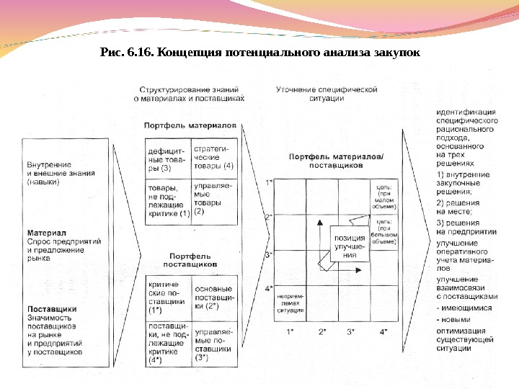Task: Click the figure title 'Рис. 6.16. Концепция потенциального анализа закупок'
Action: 259,53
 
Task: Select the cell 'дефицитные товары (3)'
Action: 167,158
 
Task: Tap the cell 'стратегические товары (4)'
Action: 214,158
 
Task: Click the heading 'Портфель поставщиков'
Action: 193,260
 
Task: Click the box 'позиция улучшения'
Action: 349,246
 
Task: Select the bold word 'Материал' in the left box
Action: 47,233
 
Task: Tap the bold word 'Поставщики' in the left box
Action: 52,309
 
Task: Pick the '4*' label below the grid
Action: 383,331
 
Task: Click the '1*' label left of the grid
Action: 269,183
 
